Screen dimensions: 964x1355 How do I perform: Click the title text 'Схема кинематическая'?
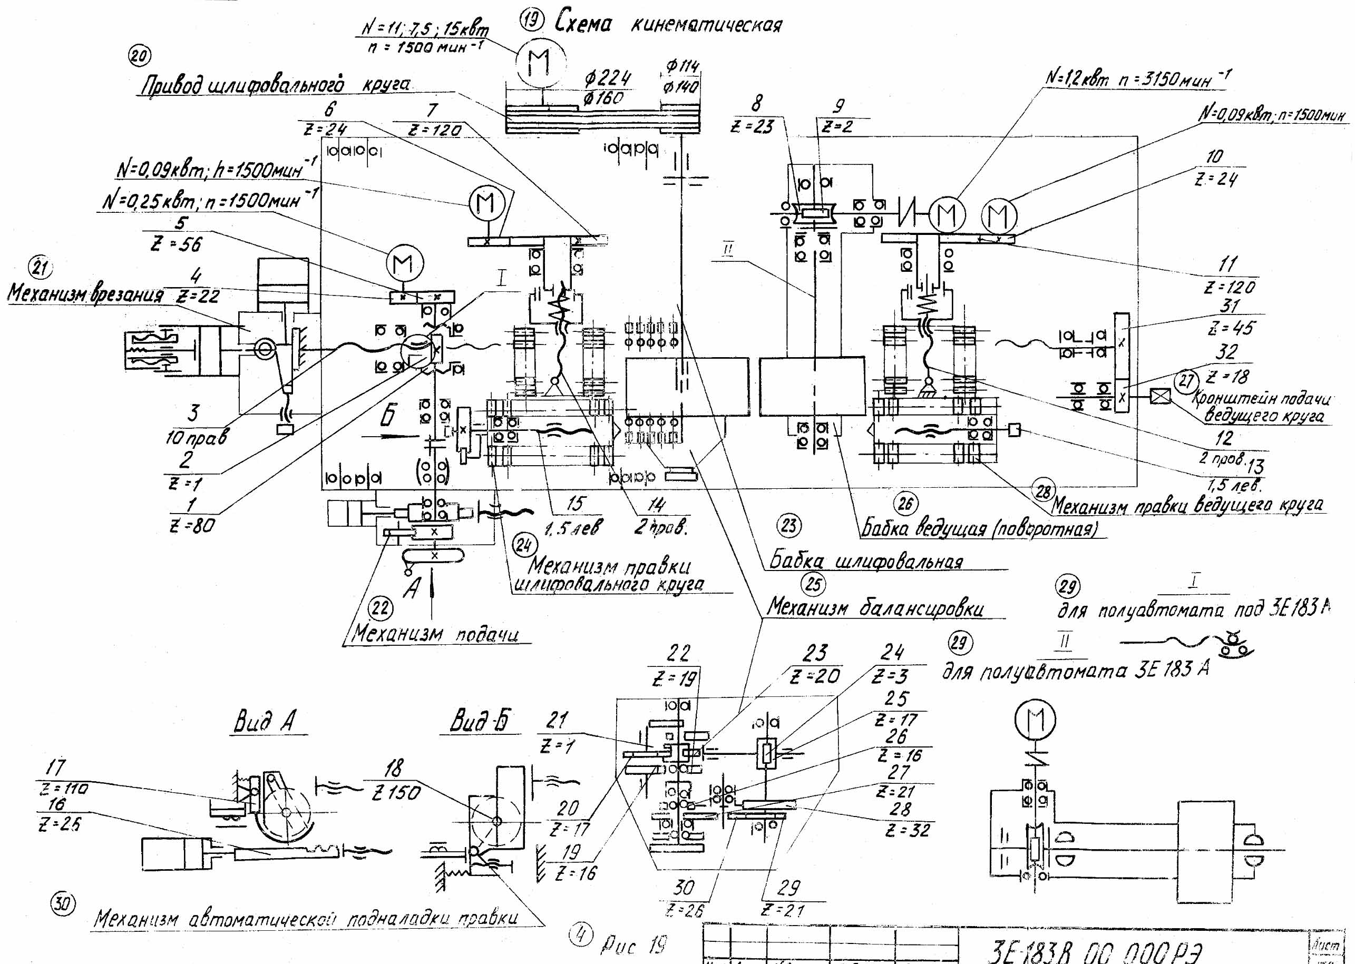(667, 24)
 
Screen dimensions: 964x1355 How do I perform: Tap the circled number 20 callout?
(139, 57)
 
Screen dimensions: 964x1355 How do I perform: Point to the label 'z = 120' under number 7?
(435, 130)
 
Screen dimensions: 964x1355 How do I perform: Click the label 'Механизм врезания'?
(85, 294)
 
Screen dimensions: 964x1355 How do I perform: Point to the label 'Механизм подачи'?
(435, 634)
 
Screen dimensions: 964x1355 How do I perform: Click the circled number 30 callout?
(63, 905)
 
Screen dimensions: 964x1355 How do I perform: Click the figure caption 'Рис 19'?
(634, 945)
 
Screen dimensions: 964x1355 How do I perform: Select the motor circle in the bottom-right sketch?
(1035, 721)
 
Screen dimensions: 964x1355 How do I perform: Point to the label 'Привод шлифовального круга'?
(275, 85)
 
